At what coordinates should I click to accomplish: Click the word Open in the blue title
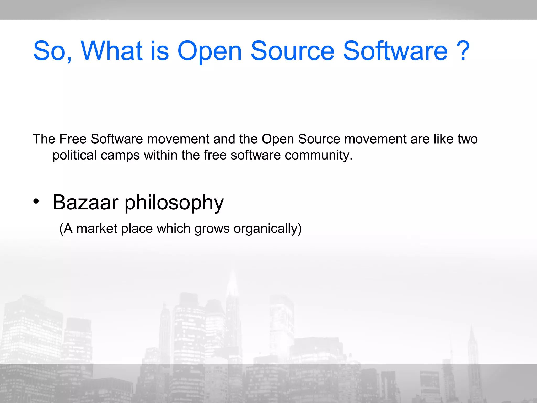[x=209, y=51]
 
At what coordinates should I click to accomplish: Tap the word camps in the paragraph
[x=120, y=155]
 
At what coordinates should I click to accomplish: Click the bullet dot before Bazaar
[x=36, y=201]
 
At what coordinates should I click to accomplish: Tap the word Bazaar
[x=85, y=202]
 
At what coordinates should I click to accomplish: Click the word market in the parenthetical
[x=97, y=228]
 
